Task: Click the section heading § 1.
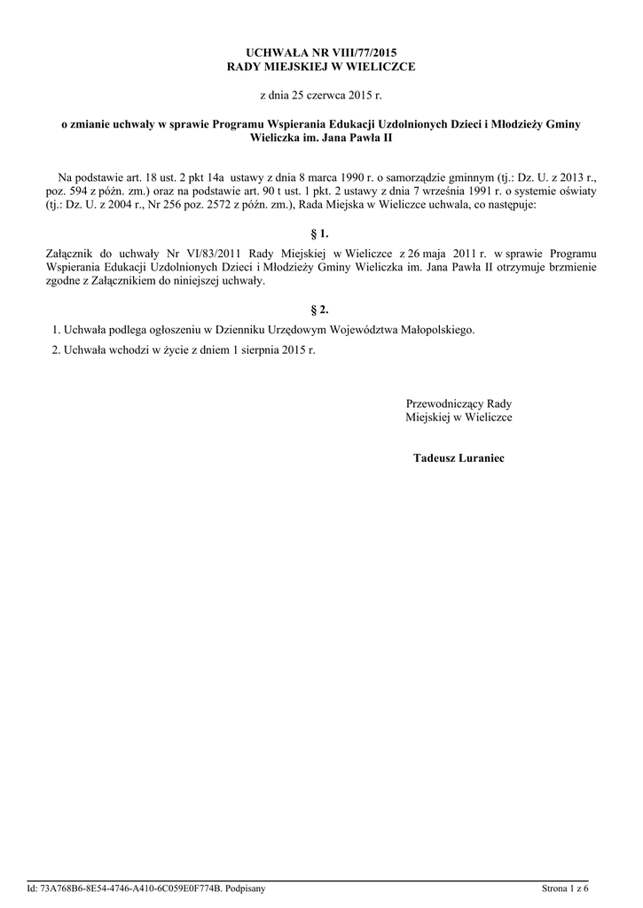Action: tap(320, 234)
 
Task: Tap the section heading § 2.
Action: tap(320, 309)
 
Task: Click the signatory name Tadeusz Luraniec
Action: tap(459, 458)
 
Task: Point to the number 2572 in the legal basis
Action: tap(208, 204)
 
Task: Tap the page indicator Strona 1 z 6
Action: tap(565, 888)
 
